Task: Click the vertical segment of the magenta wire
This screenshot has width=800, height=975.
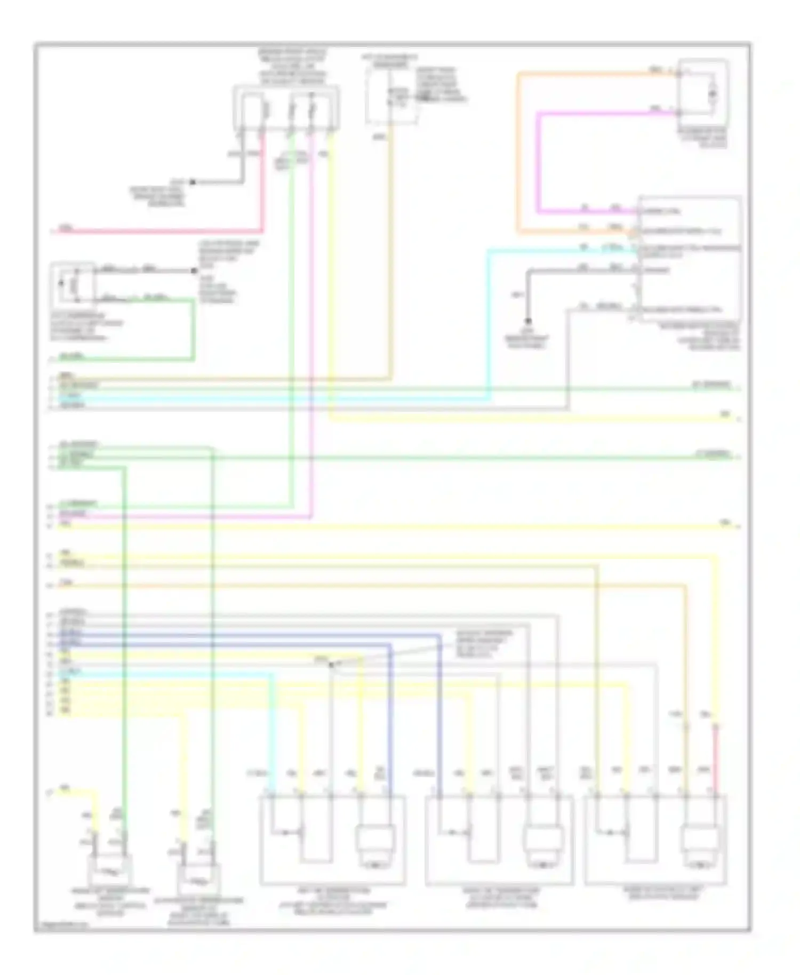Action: pyautogui.click(x=539, y=160)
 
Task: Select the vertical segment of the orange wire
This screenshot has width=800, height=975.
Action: pyautogui.click(x=517, y=155)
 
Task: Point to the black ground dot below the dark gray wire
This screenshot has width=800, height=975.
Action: pyautogui.click(x=528, y=321)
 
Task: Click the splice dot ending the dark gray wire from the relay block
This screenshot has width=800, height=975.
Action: pyautogui.click(x=193, y=182)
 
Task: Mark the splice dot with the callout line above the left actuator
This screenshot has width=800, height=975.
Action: pyautogui.click(x=331, y=665)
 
